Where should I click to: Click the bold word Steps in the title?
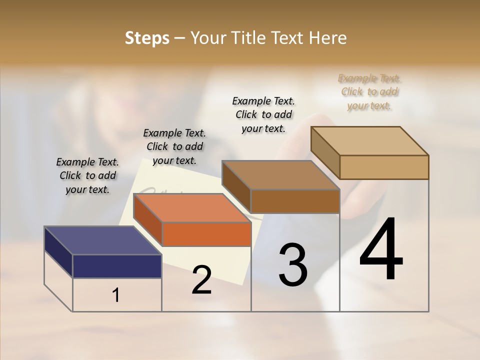(x=147, y=38)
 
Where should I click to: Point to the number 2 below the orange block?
(x=201, y=280)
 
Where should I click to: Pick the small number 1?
(x=116, y=295)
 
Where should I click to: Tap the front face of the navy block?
(x=117, y=266)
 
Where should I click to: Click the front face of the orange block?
(x=206, y=234)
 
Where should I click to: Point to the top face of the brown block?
(x=280, y=175)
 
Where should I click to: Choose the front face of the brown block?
(x=295, y=201)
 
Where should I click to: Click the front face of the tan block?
(x=384, y=167)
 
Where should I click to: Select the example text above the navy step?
(x=87, y=175)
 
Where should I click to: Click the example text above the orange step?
(x=174, y=146)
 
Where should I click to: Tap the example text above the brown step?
(x=263, y=114)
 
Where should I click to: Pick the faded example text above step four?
(x=369, y=92)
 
